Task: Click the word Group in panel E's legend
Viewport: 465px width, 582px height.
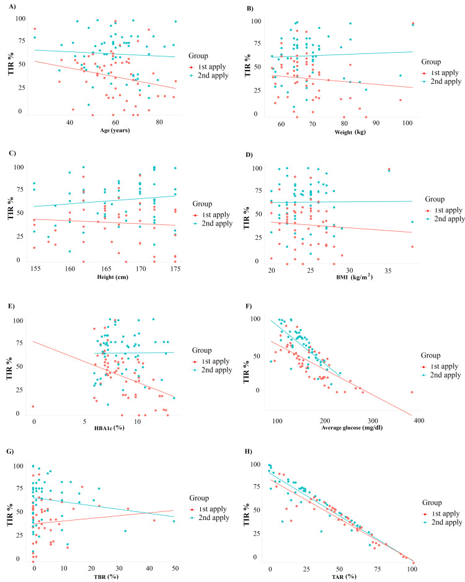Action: pos(205,351)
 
